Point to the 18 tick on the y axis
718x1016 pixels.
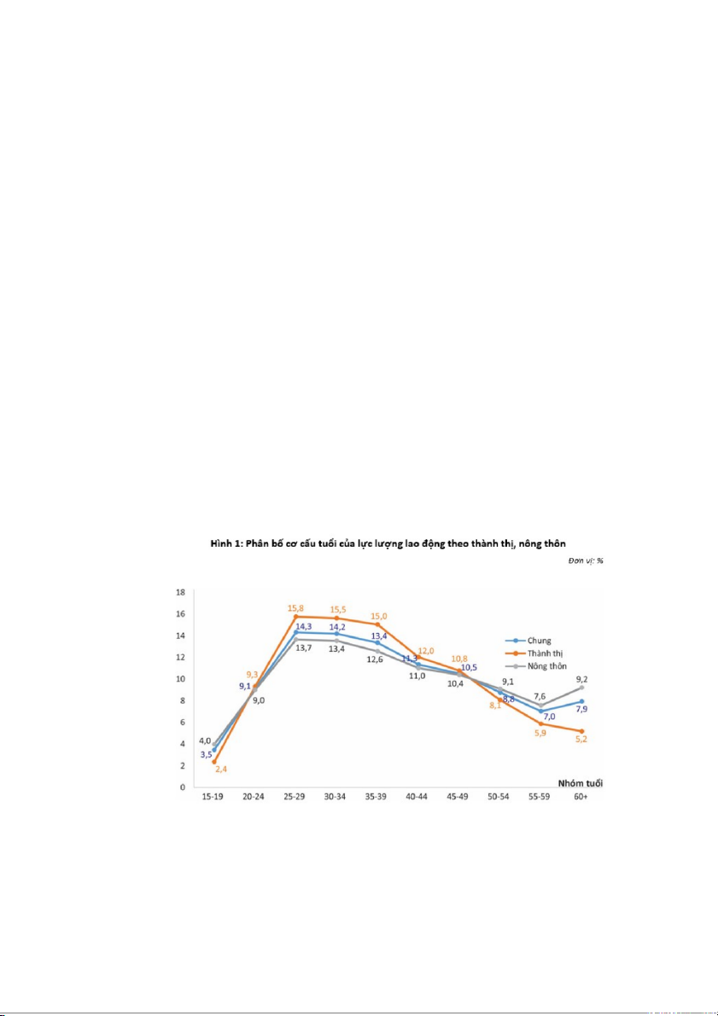[180, 592]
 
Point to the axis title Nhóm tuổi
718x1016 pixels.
[582, 782]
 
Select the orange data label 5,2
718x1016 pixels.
[581, 740]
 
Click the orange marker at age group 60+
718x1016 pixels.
[581, 731]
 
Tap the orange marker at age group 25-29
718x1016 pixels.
[295, 616]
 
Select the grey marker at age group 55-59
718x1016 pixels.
[540, 705]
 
